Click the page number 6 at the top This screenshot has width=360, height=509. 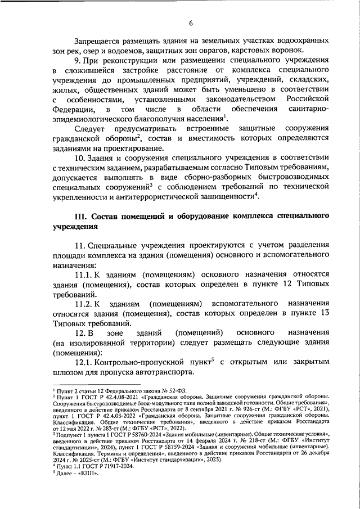click(x=191, y=22)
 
